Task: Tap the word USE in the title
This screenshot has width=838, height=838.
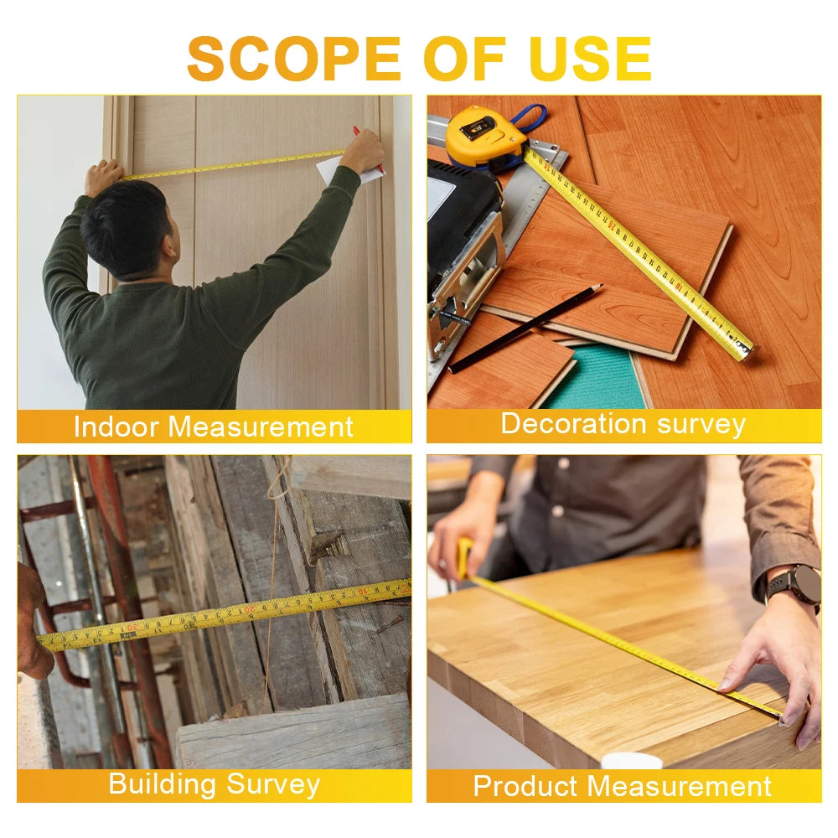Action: [x=591, y=59]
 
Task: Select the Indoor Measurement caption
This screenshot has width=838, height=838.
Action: [x=214, y=427]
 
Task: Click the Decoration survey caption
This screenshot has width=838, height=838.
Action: [x=623, y=424]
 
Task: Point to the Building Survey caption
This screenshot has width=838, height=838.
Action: [x=214, y=785]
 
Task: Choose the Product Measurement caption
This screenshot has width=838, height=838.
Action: [x=622, y=786]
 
